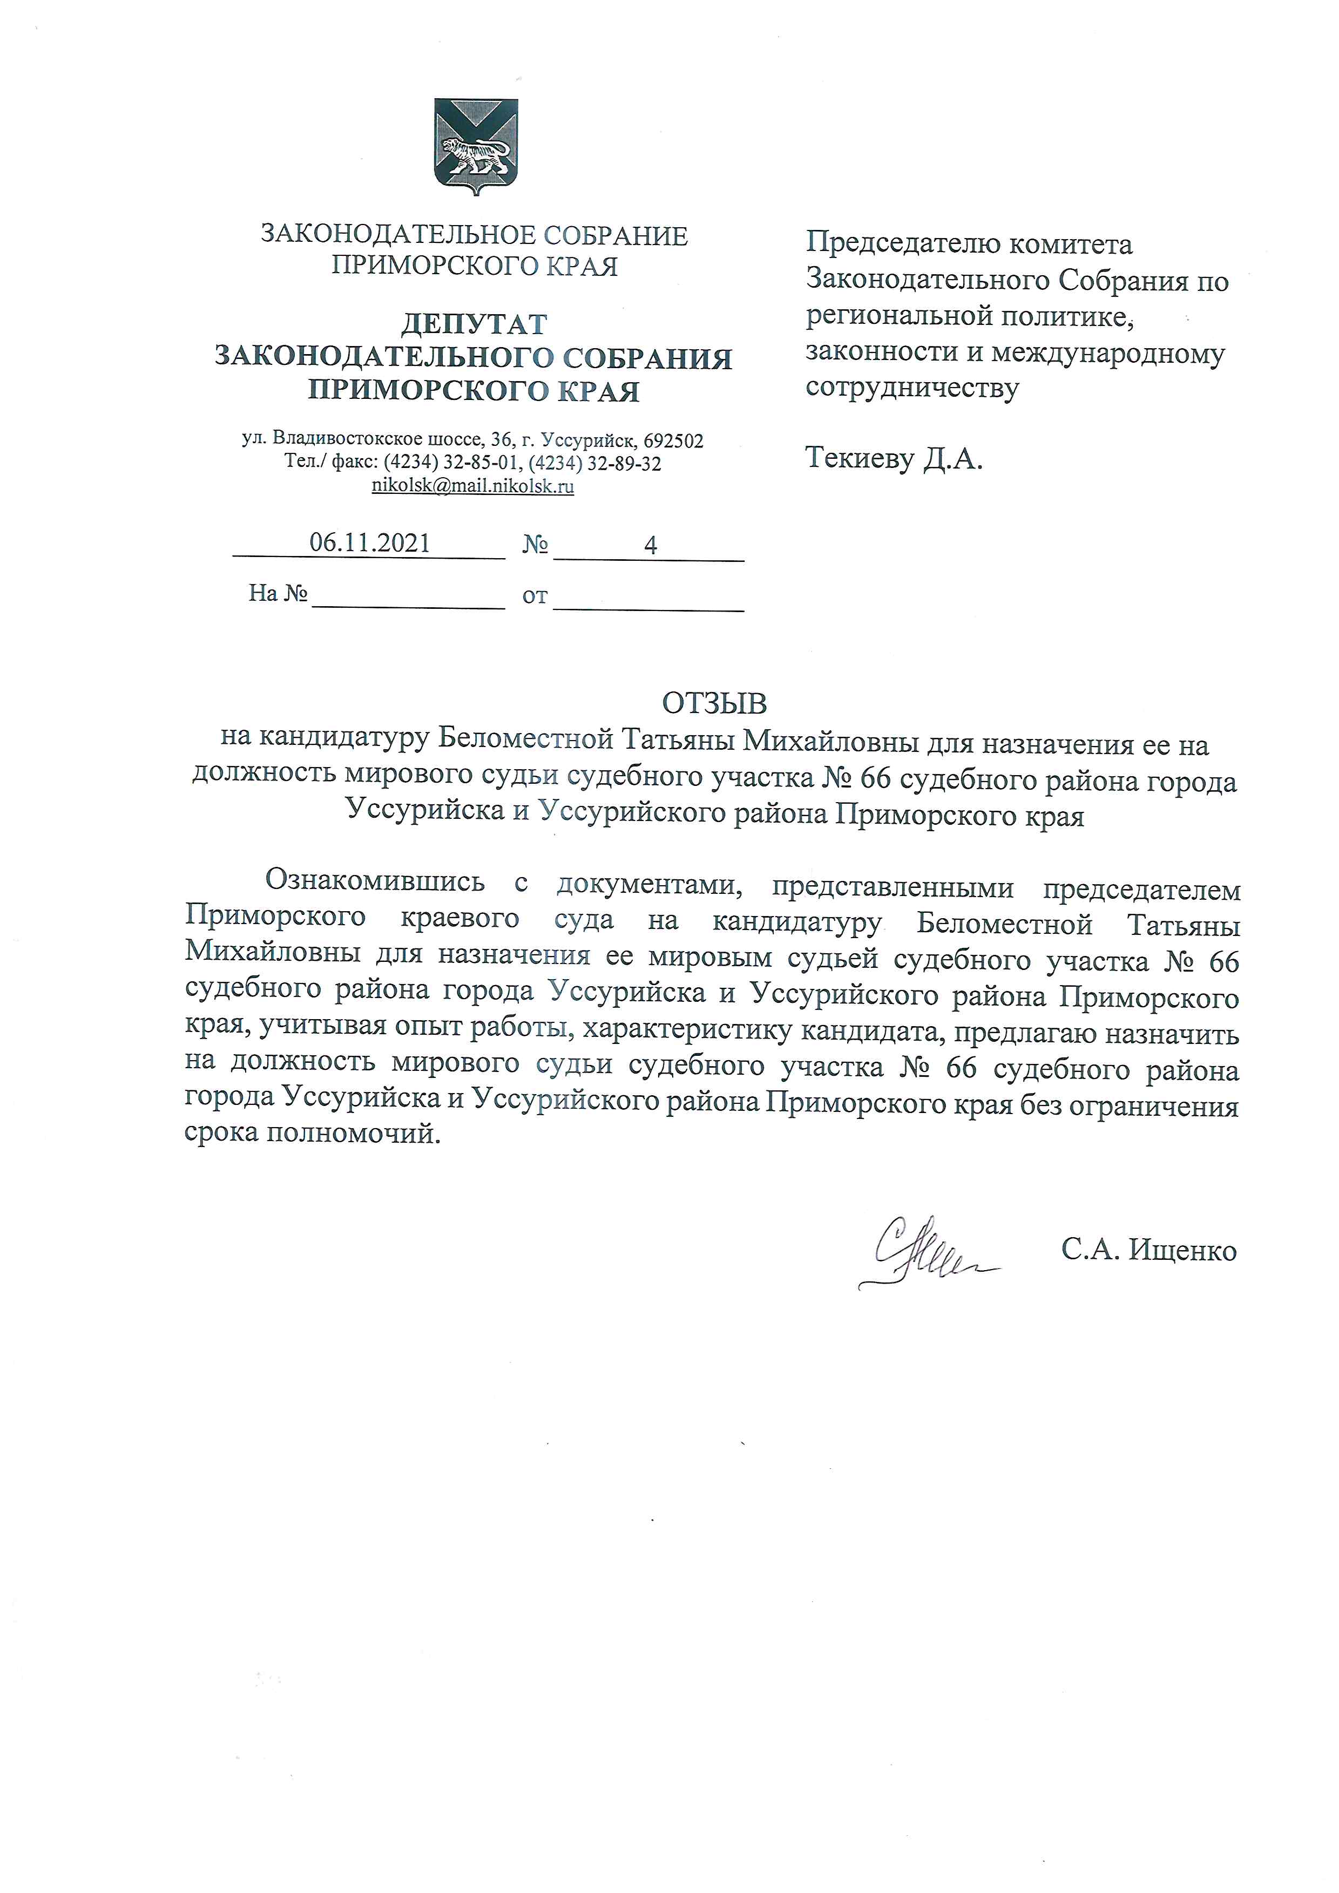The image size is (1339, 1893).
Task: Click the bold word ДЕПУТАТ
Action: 474,324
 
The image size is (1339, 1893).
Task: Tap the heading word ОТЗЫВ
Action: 714,703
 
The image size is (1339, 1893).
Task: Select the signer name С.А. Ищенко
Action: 1148,1251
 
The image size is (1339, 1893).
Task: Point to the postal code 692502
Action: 674,440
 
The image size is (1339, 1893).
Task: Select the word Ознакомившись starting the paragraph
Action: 374,881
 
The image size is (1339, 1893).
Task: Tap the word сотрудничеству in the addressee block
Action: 912,388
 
